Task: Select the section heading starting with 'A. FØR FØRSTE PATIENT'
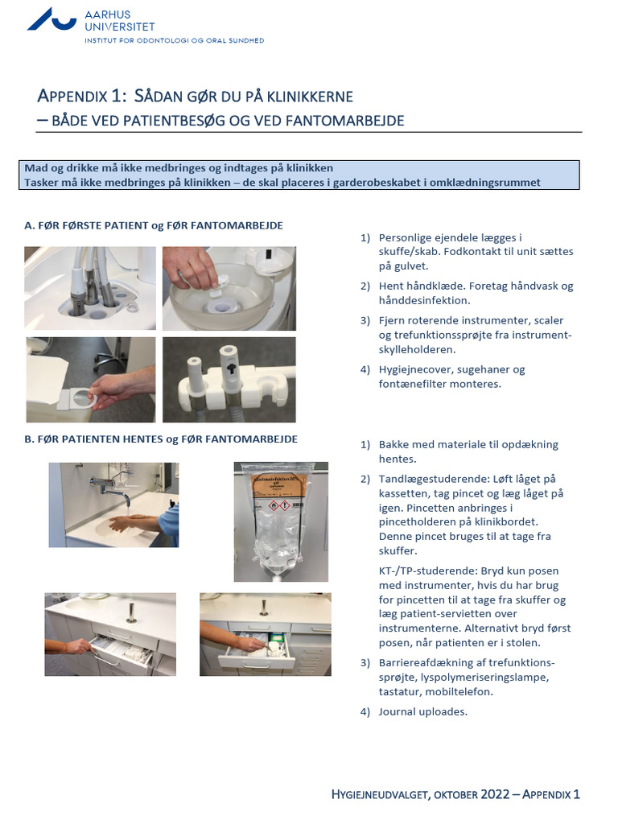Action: point(154,225)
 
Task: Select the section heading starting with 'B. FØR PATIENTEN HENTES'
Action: point(161,439)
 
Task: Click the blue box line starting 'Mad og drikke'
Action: point(179,168)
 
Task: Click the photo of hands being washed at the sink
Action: point(113,505)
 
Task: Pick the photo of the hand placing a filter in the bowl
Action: point(229,288)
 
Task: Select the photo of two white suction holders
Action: point(229,380)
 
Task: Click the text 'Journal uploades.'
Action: point(422,712)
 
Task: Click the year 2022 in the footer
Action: point(495,794)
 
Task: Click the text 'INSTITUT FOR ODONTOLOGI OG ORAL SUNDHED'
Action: point(174,40)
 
